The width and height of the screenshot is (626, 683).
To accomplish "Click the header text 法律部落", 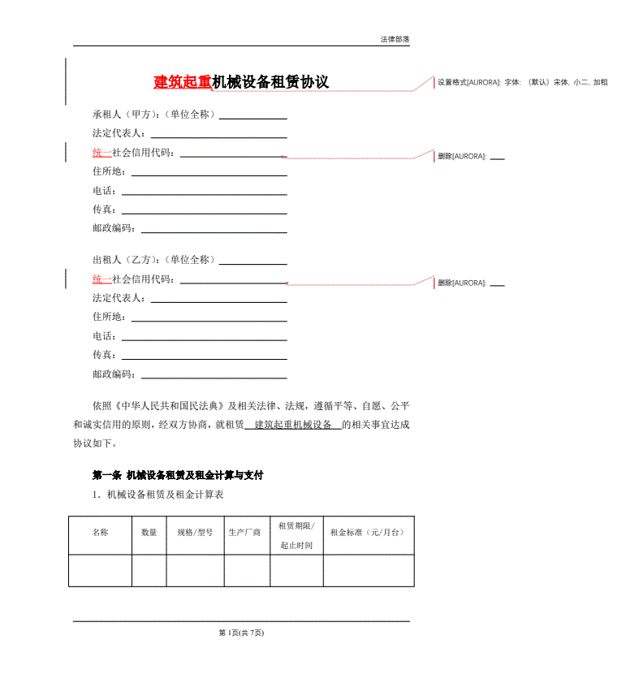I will pos(395,39).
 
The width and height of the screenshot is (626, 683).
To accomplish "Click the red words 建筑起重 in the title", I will pos(183,82).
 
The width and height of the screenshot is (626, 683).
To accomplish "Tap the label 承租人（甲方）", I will pos(123,115).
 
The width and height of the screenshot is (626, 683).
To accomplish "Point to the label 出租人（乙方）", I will pos(123,260).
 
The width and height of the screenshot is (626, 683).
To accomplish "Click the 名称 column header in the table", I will pos(100,533).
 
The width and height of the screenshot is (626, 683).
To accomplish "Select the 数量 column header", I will pos(149,533).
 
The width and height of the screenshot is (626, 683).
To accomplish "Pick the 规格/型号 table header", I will pos(195,533).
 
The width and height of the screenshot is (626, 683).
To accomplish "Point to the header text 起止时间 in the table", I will pos(296,545).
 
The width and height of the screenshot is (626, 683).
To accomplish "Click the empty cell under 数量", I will pos(149,570).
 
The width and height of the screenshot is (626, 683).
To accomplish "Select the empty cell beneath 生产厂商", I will pos(247,570).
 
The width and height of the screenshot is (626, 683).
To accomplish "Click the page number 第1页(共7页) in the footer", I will pos(241,633).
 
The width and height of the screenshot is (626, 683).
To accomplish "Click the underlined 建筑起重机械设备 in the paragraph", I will pos(293,425).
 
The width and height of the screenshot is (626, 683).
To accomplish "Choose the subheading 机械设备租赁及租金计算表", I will pos(165,494).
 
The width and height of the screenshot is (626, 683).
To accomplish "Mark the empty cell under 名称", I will pos(100,570).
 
